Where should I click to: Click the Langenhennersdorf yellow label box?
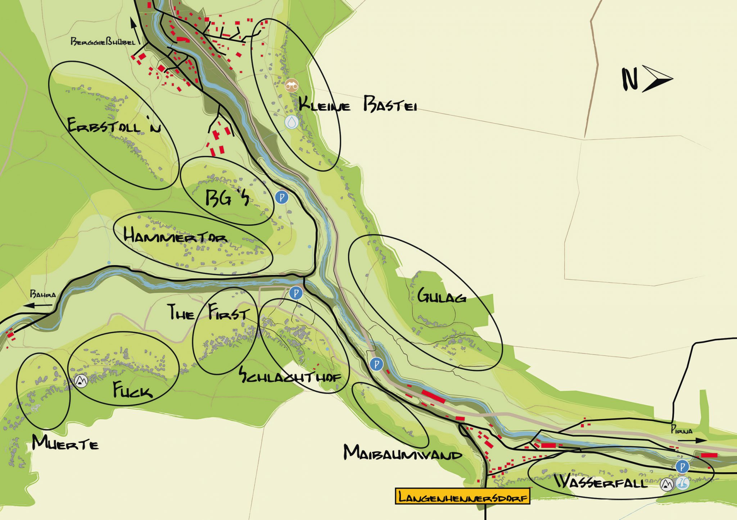pos(462,497)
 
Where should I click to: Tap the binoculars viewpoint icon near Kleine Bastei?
pos(291,86)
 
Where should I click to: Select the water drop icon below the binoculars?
pos(291,122)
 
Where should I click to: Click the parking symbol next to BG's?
pos(282,197)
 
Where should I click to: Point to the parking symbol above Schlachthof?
pos(296,293)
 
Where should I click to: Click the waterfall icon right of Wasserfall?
pos(682,483)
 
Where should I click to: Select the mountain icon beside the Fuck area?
pos(81,381)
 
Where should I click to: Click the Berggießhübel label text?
pos(103,42)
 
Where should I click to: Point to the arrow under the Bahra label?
pos(38,306)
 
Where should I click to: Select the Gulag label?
pos(442,296)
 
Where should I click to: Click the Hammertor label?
pos(175,236)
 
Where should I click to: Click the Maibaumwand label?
pos(402,453)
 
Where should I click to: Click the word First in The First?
pos(228,312)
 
